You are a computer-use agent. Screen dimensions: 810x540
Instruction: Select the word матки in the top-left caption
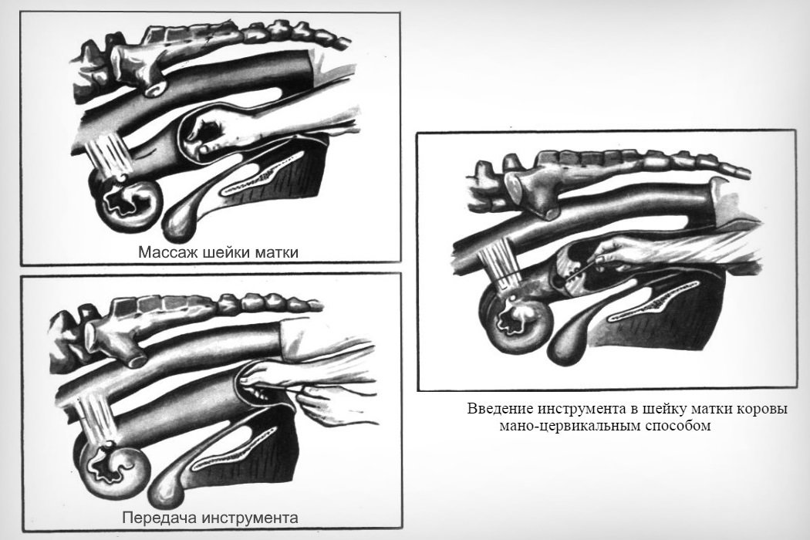(276, 252)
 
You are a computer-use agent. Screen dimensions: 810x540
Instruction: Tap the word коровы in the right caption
(762, 410)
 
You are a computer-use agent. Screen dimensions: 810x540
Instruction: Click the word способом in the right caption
(678, 427)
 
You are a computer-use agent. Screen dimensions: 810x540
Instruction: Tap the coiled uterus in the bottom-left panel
(113, 461)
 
